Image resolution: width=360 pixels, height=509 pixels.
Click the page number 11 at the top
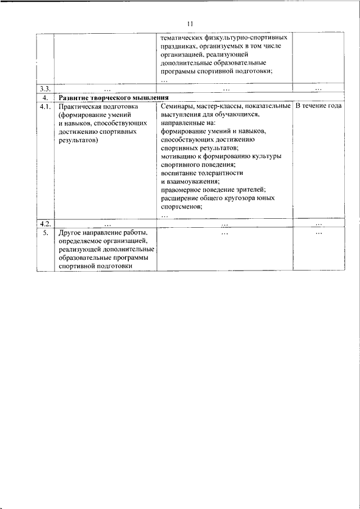click(189, 24)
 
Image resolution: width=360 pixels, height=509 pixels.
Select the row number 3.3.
click(46, 88)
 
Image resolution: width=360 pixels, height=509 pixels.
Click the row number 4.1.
click(46, 106)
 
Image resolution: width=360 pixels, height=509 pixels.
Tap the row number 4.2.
click(46, 223)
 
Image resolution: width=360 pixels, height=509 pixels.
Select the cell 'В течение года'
click(318, 106)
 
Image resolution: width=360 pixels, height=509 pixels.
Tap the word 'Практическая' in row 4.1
click(80, 106)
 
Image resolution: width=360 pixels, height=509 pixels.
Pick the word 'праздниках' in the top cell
click(179, 46)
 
